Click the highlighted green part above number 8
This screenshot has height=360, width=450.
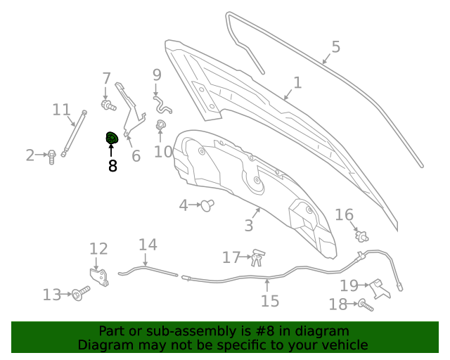coord(112,138)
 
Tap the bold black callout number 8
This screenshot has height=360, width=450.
coord(112,166)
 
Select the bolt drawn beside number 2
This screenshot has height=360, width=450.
coord(51,157)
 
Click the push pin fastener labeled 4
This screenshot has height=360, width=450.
coord(207,205)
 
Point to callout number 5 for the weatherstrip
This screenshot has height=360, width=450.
coord(336,47)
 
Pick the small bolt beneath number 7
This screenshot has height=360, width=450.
coord(108,105)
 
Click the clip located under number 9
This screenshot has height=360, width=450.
coord(162,105)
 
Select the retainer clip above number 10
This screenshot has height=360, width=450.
coord(160,125)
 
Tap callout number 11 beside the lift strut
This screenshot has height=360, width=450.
coord(61,110)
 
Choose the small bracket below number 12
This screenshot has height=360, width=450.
coord(99,277)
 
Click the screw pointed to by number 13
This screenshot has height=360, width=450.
coord(81,293)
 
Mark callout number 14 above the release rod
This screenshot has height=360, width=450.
coord(148,245)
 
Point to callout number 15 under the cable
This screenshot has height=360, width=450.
coord(270,301)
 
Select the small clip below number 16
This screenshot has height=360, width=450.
coord(361,236)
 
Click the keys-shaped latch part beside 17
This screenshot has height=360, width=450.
coord(258,258)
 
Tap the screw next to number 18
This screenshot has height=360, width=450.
coord(366,305)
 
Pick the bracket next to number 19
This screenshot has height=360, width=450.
coord(380,289)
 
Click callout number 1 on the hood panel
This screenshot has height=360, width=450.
coord(297,83)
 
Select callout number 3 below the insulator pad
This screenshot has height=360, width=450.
coord(249,226)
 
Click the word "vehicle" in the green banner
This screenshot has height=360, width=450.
coord(348,345)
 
